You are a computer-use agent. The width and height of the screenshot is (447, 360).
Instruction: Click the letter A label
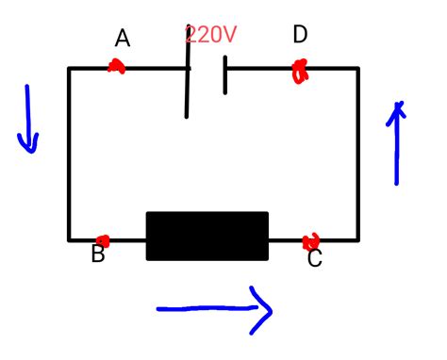coord(123,39)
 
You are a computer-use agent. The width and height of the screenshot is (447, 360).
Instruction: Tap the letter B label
coord(98,254)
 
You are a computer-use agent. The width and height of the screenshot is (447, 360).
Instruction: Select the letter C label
coord(315,258)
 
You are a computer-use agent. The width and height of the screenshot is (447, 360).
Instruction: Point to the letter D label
coord(300,36)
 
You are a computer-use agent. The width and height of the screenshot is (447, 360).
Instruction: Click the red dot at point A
coord(117,67)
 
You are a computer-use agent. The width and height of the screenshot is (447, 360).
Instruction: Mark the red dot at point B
coord(103,240)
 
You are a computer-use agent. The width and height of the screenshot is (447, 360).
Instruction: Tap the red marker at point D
coord(301,71)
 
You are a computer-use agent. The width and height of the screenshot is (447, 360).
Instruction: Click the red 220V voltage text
coord(210,36)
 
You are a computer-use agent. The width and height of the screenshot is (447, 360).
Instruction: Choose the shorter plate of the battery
coord(225,75)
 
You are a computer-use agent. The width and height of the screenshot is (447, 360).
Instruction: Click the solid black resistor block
coord(207,236)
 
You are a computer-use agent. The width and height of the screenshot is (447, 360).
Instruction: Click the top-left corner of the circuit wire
coord(70,69)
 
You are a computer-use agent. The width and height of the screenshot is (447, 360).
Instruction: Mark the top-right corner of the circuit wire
coord(357,69)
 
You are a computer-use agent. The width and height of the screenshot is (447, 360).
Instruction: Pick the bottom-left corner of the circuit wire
coord(70,239)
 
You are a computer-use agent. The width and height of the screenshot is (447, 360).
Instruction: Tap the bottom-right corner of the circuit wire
coord(357,239)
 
